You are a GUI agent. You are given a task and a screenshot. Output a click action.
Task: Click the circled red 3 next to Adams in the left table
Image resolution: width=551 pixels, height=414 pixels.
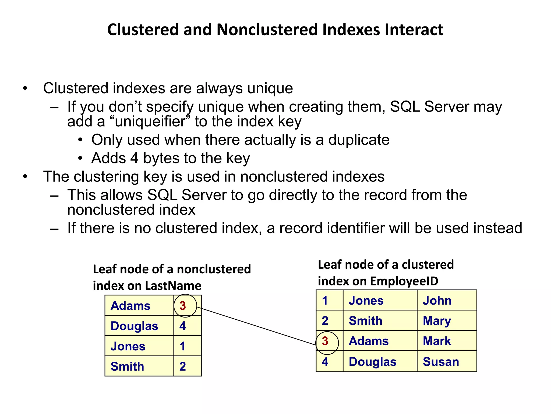[x=183, y=306]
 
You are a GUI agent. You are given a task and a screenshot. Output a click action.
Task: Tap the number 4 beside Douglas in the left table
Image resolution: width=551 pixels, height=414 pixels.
[x=183, y=326]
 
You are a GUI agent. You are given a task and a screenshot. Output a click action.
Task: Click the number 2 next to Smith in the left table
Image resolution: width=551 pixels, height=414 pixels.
[x=183, y=367]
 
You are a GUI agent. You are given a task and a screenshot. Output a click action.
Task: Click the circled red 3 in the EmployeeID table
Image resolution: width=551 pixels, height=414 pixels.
[x=325, y=341]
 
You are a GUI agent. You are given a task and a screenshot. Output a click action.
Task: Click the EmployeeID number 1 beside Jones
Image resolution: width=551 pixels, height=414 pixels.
[x=325, y=301]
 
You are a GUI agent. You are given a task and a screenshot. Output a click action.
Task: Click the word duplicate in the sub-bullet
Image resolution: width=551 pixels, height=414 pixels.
[x=359, y=140]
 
